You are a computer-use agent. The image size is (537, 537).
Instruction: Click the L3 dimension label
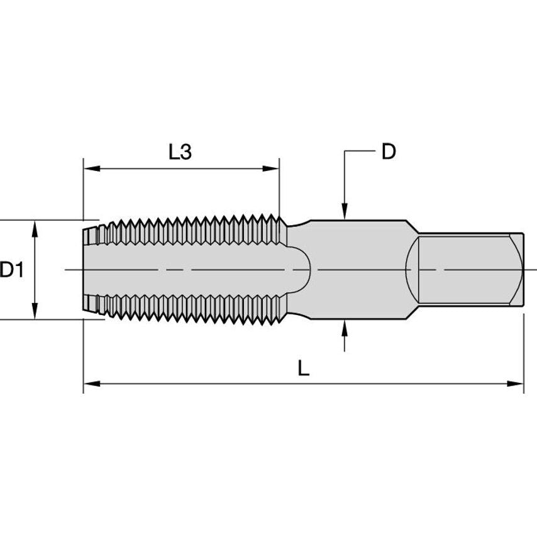(x=180, y=152)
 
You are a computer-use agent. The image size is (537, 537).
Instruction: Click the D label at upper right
(x=389, y=152)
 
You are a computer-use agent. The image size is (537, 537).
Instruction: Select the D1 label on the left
(x=12, y=270)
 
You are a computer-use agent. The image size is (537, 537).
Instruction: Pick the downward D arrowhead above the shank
(x=344, y=213)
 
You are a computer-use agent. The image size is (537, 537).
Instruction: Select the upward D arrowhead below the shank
(x=344, y=327)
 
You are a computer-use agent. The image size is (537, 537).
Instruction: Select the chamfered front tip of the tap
(x=92, y=270)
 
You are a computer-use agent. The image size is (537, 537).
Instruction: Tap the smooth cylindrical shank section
(x=358, y=270)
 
